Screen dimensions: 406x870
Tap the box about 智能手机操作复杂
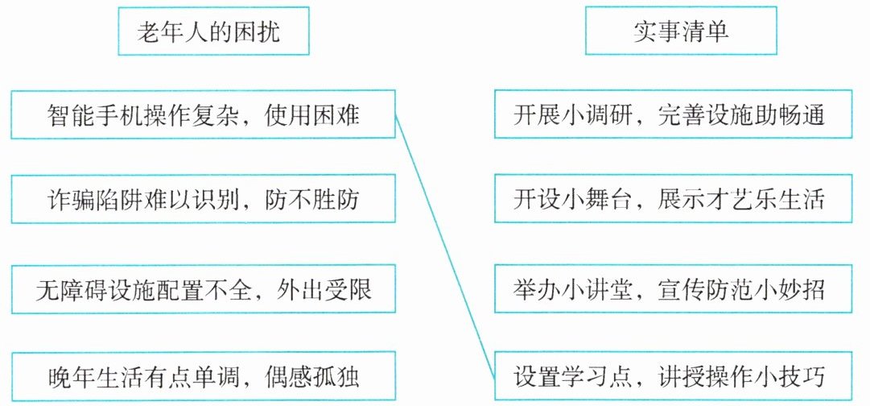(204, 114)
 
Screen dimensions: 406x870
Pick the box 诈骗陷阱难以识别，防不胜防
(204, 200)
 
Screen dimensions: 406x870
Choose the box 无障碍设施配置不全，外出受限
(204, 288)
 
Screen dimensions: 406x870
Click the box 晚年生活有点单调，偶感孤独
(204, 376)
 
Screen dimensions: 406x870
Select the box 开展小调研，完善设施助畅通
(671, 114)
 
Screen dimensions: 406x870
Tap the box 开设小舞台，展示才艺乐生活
(671, 200)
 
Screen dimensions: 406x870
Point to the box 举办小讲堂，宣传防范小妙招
(671, 288)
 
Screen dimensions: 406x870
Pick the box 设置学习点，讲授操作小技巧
(671, 376)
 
